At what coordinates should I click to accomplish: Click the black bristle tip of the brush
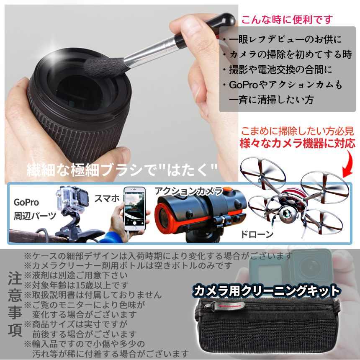click(105, 66)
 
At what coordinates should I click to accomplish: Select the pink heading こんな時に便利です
click(287, 20)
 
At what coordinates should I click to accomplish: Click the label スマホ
click(107, 198)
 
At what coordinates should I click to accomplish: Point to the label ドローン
click(257, 234)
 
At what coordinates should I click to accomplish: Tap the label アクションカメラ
click(189, 191)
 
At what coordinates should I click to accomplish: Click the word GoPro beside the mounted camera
click(26, 203)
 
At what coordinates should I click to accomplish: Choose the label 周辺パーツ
click(35, 216)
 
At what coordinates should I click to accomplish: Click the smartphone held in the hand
click(135, 208)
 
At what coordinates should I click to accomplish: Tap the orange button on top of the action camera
click(227, 189)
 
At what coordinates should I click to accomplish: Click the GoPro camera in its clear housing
click(72, 199)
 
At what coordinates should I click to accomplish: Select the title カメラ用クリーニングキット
click(266, 291)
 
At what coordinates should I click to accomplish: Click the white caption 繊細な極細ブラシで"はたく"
click(122, 170)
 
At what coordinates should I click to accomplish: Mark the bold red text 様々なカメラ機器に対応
click(297, 144)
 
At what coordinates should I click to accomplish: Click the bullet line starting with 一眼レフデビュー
click(283, 39)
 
